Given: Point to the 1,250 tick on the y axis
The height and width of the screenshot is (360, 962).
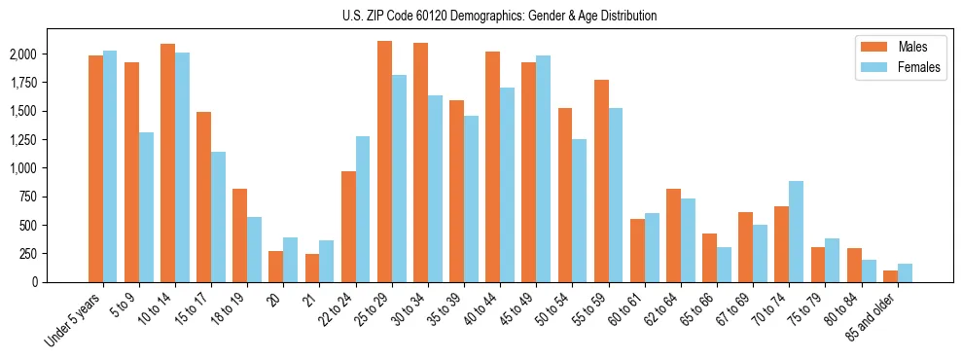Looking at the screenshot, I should tap(24, 140).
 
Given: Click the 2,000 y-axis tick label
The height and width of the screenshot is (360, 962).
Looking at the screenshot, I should tap(24, 54).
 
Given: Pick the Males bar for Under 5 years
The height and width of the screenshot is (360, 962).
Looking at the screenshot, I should tap(95, 168).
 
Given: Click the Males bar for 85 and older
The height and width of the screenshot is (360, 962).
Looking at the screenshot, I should tap(890, 276).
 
